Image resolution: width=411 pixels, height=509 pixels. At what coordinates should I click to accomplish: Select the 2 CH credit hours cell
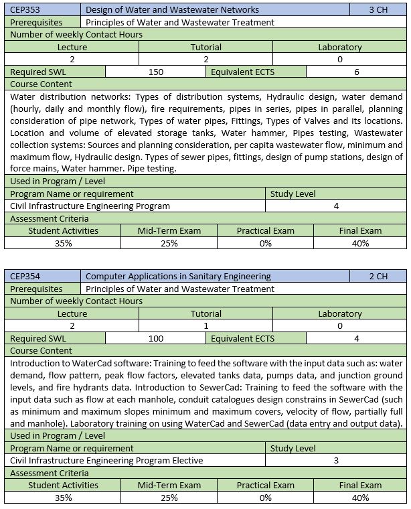378,276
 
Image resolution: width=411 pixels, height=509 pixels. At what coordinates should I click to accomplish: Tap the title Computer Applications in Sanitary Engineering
178,276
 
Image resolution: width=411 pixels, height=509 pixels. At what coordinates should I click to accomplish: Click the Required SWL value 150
156,72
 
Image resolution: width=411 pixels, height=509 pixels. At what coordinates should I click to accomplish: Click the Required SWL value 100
156,338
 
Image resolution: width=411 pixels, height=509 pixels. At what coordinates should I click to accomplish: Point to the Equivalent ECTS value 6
357,72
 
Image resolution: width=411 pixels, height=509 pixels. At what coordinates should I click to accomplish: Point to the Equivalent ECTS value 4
357,338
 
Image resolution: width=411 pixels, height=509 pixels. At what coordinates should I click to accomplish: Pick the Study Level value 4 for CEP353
336,206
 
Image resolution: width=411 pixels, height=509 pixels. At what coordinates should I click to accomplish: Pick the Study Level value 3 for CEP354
336,460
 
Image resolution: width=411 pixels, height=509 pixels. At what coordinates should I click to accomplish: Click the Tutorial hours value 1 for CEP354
205,325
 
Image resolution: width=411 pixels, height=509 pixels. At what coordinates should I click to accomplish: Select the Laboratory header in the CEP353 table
340,48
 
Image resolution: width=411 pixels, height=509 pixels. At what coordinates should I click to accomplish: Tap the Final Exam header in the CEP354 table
360,485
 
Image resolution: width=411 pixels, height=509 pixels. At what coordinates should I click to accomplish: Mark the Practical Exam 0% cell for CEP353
265,243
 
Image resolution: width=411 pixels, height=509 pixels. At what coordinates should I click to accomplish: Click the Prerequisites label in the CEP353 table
37,22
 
